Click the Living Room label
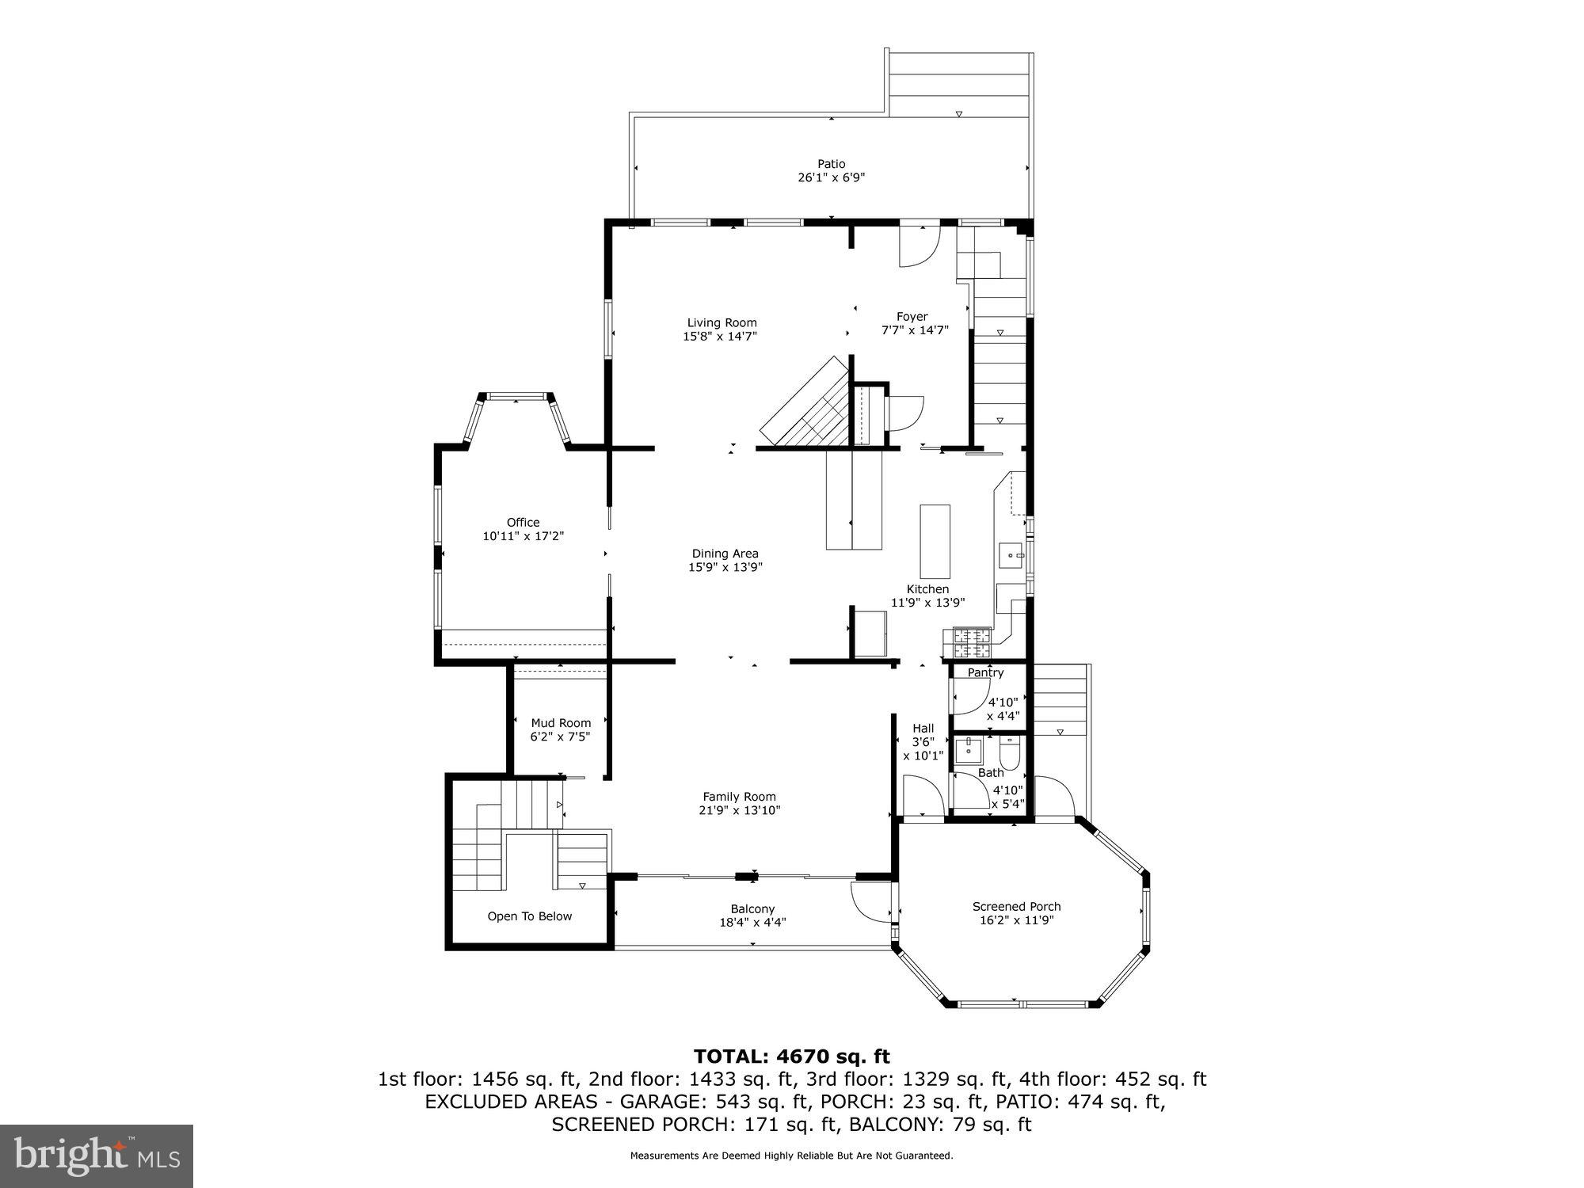pos(722,322)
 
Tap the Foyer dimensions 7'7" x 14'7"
pos(915,330)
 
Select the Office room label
pos(523,522)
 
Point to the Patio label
pos(831,164)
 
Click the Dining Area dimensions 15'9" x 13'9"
pos(725,567)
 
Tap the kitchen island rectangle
pos(935,542)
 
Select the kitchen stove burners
pos(972,643)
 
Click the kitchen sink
pos(1011,556)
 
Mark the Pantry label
pos(985,672)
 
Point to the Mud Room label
pos(561,722)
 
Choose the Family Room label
pos(739,797)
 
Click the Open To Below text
pos(529,916)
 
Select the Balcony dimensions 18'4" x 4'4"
pos(752,923)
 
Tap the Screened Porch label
pos(1016,906)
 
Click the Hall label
pos(923,728)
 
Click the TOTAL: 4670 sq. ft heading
pos(791,1057)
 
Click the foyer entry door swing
pos(918,247)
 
